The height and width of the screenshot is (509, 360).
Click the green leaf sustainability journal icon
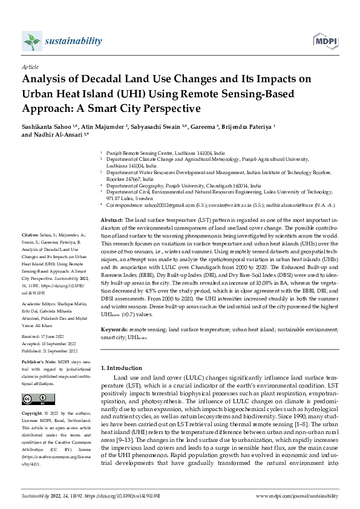(x=30, y=42)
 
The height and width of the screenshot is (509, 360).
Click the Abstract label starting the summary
(x=111, y=220)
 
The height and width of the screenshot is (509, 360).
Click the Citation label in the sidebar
(x=30, y=233)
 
